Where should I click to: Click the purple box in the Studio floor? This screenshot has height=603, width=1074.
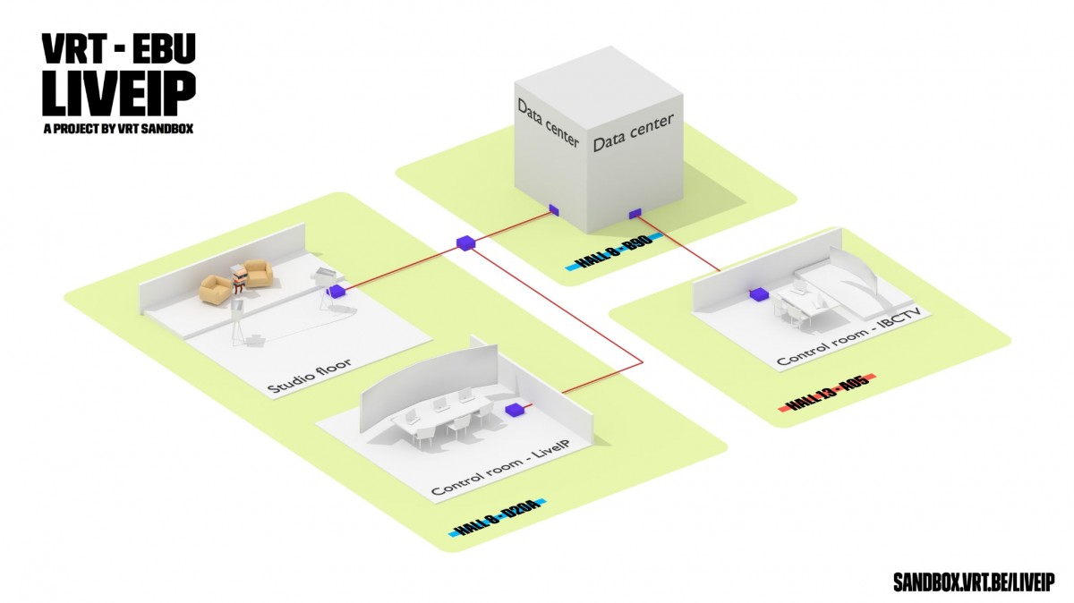pos(337,291)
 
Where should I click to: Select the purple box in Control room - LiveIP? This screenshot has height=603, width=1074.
pos(515,411)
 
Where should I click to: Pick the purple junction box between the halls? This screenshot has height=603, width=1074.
pos(465,243)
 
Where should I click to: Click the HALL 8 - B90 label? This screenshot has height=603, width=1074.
pos(613,251)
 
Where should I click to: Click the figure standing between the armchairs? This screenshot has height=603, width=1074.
pos(238,280)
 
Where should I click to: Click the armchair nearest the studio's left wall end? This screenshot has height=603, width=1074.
pos(217,288)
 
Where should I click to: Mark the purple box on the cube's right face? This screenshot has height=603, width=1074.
pos(635,213)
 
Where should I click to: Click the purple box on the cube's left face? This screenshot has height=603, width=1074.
pos(554,210)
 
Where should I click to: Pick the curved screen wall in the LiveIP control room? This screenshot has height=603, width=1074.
pos(430,385)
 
